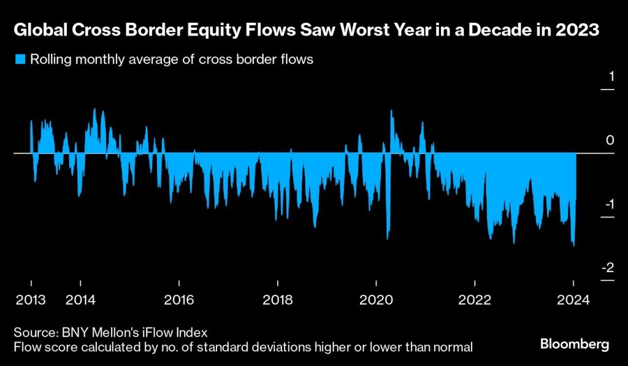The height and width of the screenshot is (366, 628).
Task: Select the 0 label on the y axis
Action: (x=610, y=140)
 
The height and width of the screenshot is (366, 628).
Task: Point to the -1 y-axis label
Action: (x=608, y=204)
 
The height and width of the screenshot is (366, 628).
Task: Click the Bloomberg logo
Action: (x=575, y=344)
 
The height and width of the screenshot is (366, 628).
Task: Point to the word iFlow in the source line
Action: (x=163, y=332)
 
